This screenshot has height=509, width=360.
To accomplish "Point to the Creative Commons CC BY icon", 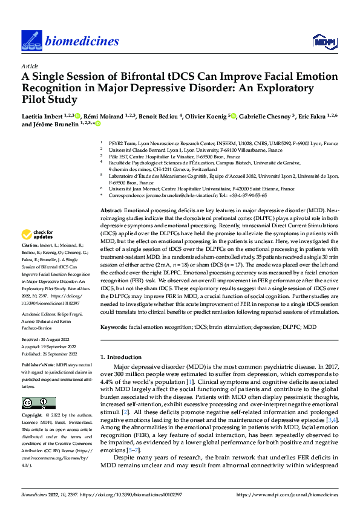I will tap(39, 403).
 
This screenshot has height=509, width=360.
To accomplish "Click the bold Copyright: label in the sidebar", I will tap(33, 417).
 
